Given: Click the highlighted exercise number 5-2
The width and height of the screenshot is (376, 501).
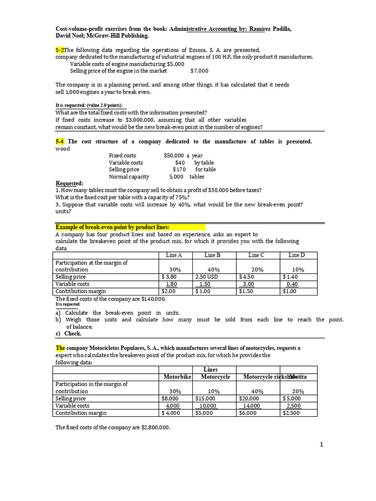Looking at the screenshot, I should point(60,50).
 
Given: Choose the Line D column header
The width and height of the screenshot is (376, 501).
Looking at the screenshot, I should point(297,255).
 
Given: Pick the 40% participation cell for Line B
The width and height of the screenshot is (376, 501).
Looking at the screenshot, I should point(213,270).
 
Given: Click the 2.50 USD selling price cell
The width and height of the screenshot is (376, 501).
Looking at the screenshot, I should point(207,277).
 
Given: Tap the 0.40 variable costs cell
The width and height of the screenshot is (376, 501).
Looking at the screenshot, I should point(292,284).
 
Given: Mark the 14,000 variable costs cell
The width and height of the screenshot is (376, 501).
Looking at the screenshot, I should point(251,406).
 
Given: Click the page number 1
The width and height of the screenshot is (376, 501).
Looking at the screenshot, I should point(321,445).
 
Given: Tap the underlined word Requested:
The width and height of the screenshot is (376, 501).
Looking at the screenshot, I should point(70,183).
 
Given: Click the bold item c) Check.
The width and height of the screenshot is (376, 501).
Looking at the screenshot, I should point(69,334).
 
